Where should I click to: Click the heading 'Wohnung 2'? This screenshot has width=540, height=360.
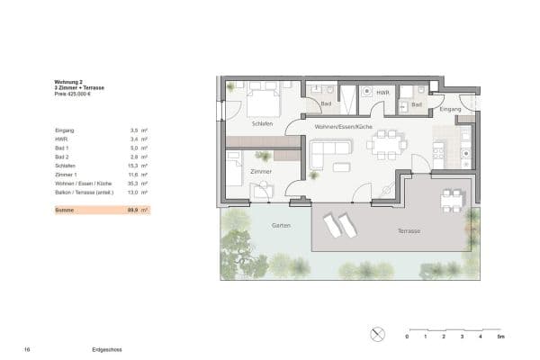pos(68,81)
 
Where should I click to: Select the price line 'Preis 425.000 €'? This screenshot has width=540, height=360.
pos(74,93)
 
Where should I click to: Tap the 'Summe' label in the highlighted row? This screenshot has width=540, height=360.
pos(63,210)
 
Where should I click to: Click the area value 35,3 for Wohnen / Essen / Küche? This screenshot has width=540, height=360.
pos(134,184)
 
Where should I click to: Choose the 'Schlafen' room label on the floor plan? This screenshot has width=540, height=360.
pos(262,124)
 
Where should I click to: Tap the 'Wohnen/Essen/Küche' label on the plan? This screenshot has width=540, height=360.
pos(343,127)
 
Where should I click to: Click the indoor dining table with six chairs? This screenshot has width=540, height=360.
pos(389,142)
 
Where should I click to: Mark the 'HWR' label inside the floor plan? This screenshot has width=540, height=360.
pos(382,93)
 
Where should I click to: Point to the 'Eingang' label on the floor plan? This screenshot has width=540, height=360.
pos(449,109)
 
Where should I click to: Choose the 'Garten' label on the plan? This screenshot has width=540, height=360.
pos(281,225)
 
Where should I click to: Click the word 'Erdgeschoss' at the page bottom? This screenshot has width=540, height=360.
pos(106,347)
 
